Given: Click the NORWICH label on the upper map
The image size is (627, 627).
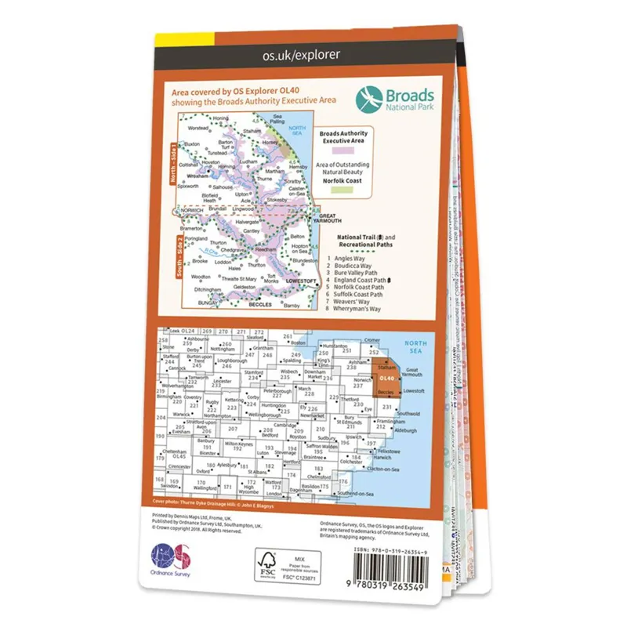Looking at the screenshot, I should point(191,211).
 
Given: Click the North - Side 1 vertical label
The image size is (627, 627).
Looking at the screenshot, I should point(175,161).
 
